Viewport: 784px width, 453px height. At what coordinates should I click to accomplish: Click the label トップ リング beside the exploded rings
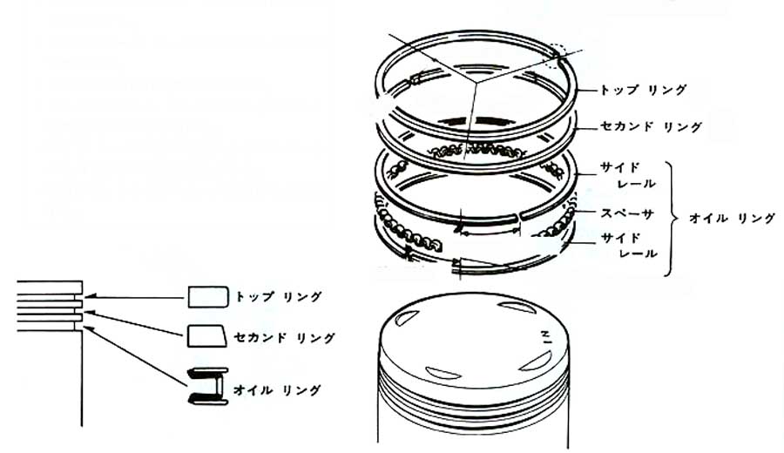click(643, 91)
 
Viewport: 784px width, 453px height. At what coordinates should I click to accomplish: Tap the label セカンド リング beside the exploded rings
click(651, 127)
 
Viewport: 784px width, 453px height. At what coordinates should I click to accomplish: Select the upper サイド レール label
click(628, 175)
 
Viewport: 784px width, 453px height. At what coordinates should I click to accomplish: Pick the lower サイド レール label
click(629, 246)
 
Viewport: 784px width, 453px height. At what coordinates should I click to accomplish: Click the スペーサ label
click(627, 214)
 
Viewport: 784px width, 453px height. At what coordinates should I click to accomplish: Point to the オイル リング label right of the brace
click(732, 218)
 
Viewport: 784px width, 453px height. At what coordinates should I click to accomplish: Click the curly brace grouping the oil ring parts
click(672, 219)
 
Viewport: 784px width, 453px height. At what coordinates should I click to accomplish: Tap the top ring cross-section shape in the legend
click(208, 297)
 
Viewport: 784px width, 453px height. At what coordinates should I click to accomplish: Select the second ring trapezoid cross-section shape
click(207, 336)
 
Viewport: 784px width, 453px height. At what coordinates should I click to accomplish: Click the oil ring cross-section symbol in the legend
click(207, 386)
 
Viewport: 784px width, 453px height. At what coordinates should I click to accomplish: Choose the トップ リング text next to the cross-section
click(278, 297)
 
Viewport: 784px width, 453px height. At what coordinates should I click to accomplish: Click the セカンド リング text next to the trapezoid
click(284, 338)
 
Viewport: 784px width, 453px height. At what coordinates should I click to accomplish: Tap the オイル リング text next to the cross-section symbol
click(276, 390)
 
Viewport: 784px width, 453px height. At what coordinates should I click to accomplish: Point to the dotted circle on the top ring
click(558, 56)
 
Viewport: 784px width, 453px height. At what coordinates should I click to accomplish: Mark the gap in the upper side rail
click(518, 217)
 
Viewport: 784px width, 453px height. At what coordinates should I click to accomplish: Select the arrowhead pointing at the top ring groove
click(89, 298)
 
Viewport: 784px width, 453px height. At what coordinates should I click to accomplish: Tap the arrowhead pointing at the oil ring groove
click(87, 328)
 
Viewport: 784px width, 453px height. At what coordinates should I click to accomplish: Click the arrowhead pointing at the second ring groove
click(88, 313)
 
